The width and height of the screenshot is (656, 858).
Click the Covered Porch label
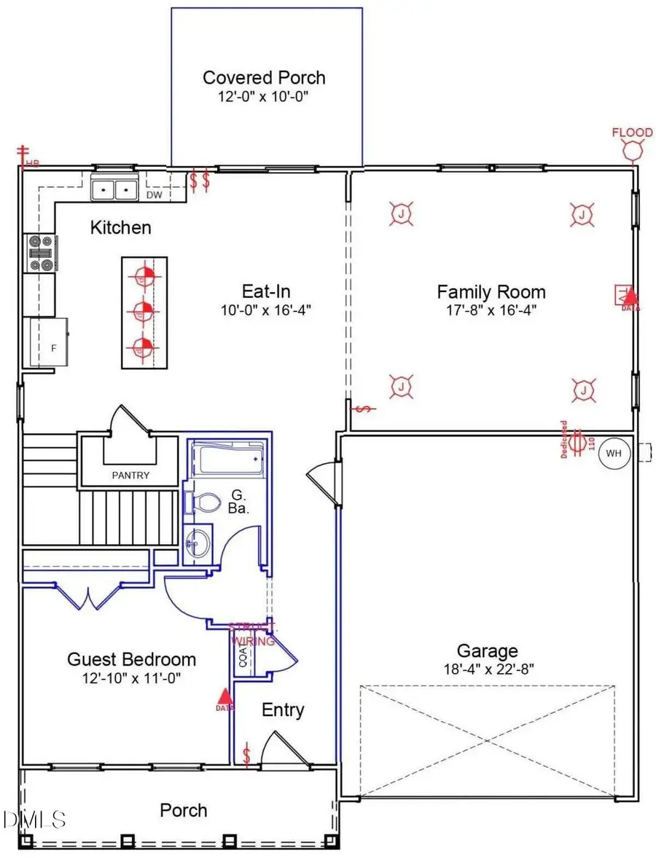coord(264,78)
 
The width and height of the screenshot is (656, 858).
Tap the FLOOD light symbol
coord(631,149)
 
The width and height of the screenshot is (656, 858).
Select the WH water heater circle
coord(614,453)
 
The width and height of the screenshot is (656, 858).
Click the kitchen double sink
coord(115,189)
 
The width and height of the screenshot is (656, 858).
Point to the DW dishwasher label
coord(154,194)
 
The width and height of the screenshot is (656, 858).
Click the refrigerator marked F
coord(50,343)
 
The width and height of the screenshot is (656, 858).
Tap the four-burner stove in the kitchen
coord(39,253)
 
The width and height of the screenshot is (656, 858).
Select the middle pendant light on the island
coord(144,311)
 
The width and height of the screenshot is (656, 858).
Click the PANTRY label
coord(130,476)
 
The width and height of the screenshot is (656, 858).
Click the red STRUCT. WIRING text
coord(252,634)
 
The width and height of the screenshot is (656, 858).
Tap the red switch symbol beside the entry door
coord(247,755)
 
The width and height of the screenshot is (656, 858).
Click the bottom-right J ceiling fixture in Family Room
coord(585,391)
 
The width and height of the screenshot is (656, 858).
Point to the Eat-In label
coord(267,291)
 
